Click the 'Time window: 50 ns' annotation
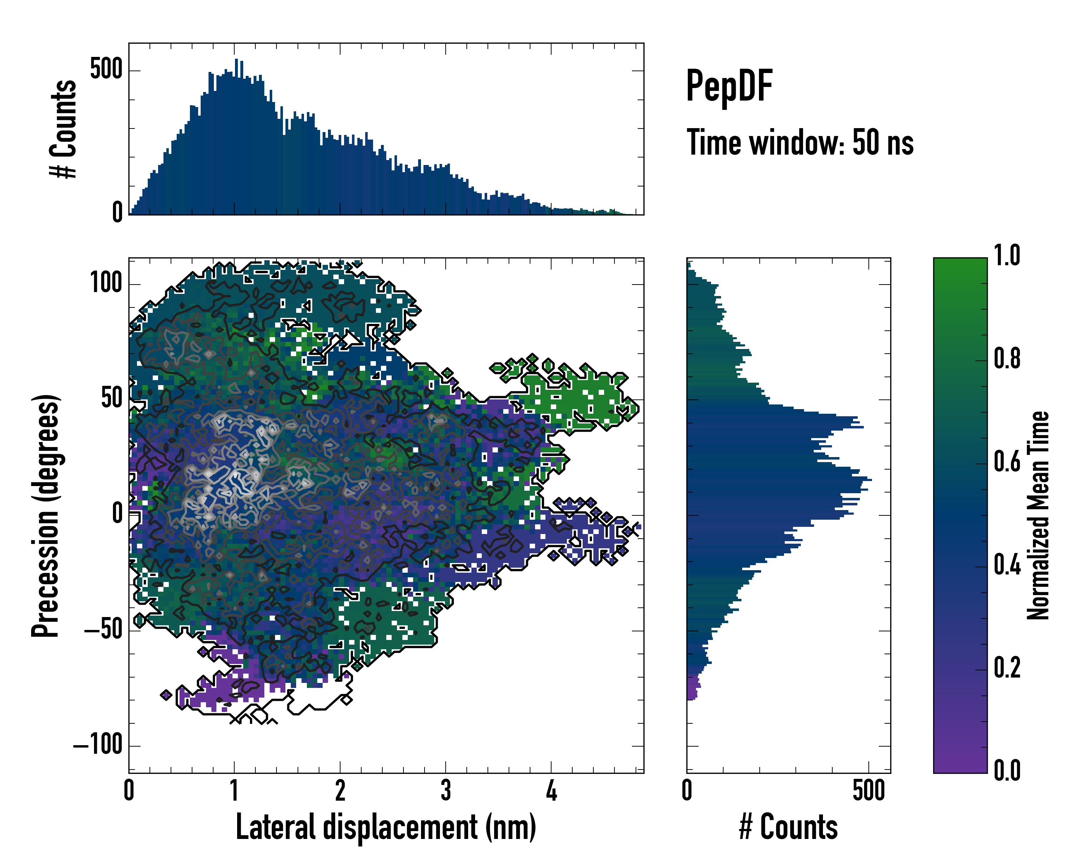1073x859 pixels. point(800,143)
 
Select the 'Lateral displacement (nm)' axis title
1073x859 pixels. point(386,827)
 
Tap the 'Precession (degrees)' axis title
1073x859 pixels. point(46,516)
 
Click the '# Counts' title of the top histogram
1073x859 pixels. point(63,129)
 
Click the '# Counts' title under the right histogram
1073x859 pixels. point(788,827)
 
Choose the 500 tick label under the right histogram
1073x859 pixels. point(868,790)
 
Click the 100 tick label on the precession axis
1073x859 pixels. point(106,284)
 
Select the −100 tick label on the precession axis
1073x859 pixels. point(98,746)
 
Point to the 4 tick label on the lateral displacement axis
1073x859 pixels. point(551,790)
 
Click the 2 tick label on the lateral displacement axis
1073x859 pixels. point(340,790)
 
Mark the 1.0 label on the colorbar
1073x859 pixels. point(1007,256)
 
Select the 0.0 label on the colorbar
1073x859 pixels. point(1007,770)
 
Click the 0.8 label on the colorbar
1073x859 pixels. point(1007,359)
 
